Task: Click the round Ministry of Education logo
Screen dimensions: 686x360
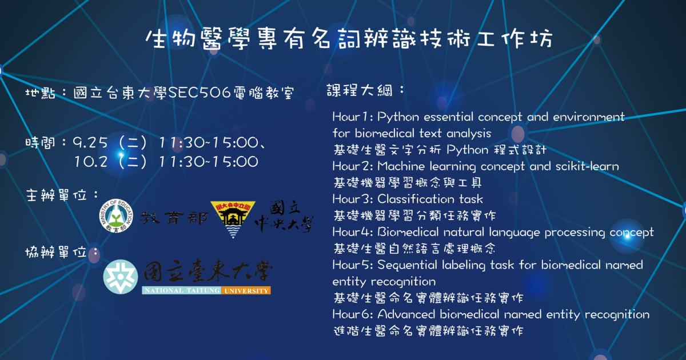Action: pos(116,216)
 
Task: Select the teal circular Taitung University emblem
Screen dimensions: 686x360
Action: pos(121,277)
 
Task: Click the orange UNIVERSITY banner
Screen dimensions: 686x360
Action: pos(246,290)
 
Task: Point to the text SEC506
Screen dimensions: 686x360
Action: pos(200,93)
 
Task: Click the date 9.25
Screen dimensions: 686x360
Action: pos(90,143)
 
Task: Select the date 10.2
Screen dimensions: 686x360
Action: pos(91,162)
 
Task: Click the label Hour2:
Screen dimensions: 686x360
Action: pos(353,166)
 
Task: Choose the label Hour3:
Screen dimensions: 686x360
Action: pos(353,199)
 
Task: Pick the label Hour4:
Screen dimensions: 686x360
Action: pos(353,232)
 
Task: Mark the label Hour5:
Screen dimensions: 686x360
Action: pos(353,265)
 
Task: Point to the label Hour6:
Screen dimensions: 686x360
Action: pos(353,314)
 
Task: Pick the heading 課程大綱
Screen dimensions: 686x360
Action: pos(359,90)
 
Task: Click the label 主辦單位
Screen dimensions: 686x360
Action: pos(57,195)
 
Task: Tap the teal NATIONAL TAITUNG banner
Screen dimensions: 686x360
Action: pos(181,290)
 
